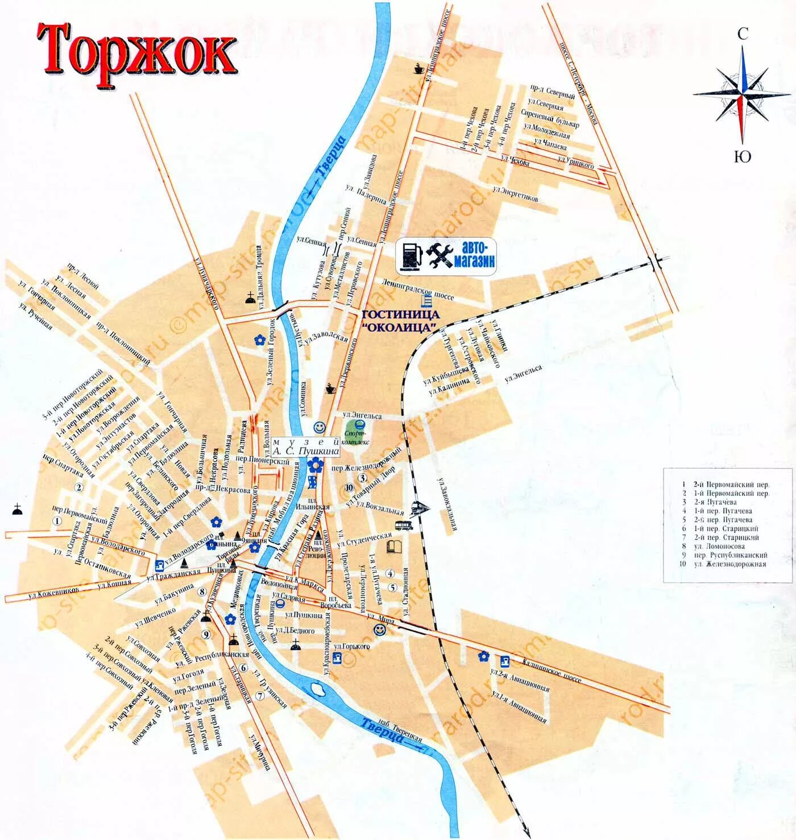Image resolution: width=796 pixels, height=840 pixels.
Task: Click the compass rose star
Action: coord(741,94)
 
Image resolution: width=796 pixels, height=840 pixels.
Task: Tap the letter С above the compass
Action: coord(743,34)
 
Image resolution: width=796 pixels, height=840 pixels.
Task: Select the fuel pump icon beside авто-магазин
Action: coord(409,255)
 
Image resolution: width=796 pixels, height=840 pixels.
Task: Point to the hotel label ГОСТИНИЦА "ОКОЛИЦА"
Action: coord(401,321)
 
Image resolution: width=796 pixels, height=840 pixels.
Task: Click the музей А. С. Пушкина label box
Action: coord(306,446)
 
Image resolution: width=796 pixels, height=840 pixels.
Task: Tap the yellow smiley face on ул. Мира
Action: coord(379,630)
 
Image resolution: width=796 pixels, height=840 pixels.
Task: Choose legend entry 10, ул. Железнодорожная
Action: coord(729,564)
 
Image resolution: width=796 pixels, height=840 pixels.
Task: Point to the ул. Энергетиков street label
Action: coord(516,195)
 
